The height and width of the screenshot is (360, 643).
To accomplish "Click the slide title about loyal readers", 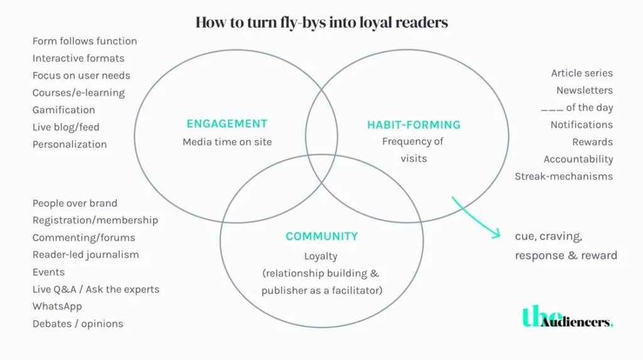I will pyautogui.click(x=321, y=23).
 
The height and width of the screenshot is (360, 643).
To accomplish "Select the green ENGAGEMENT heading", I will pyautogui.click(x=227, y=124).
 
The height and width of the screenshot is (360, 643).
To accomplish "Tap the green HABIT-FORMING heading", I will pyautogui.click(x=414, y=124).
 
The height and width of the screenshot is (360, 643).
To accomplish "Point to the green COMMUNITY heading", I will pyautogui.click(x=321, y=237).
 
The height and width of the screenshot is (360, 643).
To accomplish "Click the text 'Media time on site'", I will pyautogui.click(x=227, y=142).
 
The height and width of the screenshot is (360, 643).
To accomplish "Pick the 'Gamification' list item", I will pyautogui.click(x=64, y=110).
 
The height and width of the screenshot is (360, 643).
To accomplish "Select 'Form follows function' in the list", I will pyautogui.click(x=85, y=41).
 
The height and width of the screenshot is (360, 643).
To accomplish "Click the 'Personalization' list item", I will pyautogui.click(x=70, y=145).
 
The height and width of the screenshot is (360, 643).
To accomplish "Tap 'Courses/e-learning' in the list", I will pyautogui.click(x=78, y=93).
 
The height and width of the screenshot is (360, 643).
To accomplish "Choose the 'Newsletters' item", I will pyautogui.click(x=584, y=90).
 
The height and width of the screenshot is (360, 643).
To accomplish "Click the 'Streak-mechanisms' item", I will pyautogui.click(x=563, y=177).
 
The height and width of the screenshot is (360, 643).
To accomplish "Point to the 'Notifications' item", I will pyautogui.click(x=581, y=125).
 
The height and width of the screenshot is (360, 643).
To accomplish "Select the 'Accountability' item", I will pyautogui.click(x=578, y=160).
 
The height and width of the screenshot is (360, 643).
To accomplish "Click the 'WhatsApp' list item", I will pyautogui.click(x=57, y=307).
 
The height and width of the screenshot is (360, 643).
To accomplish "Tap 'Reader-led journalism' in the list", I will pyautogui.click(x=86, y=255).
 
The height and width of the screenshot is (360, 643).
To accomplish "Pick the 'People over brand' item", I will pyautogui.click(x=75, y=204).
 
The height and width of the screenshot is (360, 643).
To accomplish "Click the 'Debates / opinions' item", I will pyautogui.click(x=78, y=324).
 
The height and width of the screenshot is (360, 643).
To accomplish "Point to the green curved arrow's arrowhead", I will pyautogui.click(x=497, y=235).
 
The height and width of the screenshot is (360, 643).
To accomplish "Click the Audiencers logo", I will pyautogui.click(x=568, y=317).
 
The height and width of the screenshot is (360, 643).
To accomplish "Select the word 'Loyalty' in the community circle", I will pyautogui.click(x=321, y=256).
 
